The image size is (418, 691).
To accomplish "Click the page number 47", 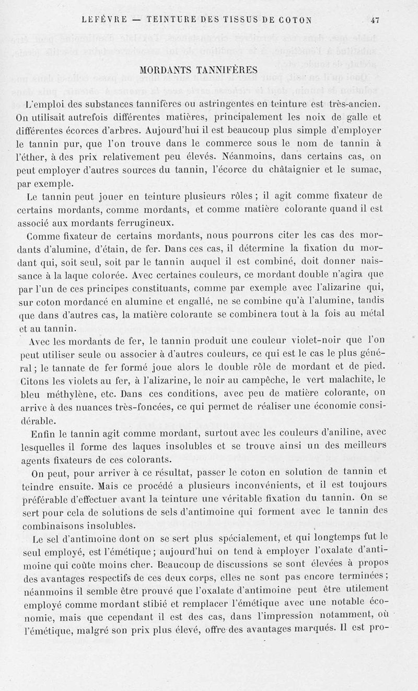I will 374,21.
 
